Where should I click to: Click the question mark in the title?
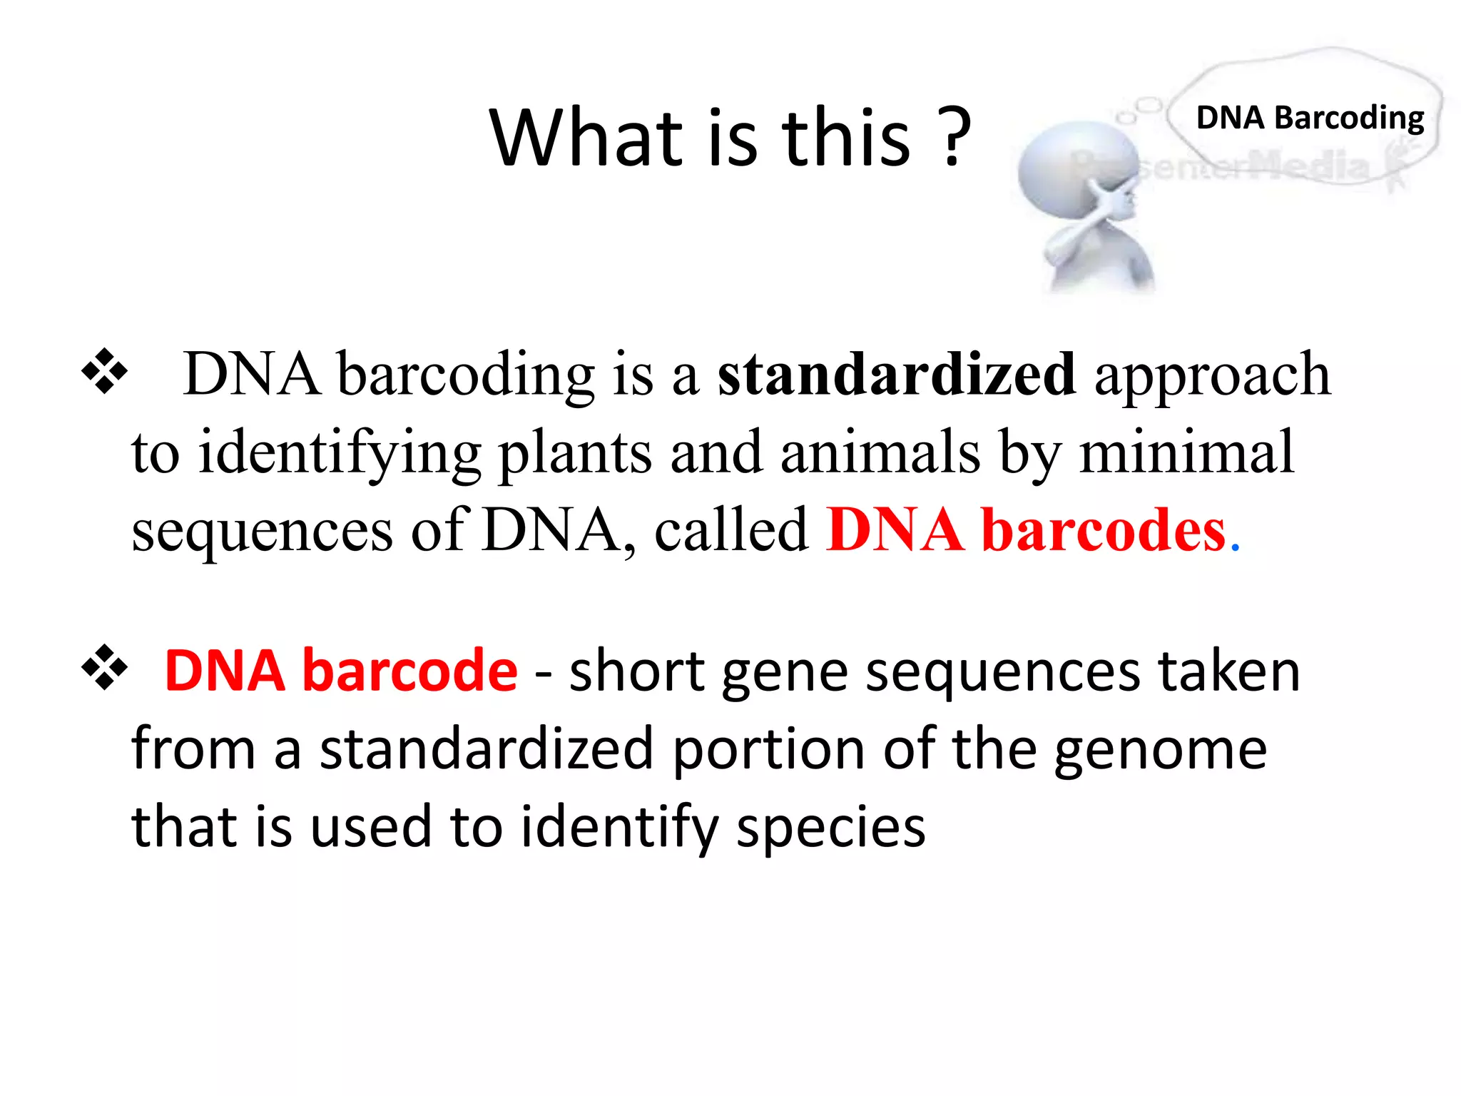tap(955, 137)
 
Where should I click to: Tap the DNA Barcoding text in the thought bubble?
tap(1310, 118)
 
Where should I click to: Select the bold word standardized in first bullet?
tap(896, 375)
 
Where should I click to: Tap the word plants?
tap(574, 453)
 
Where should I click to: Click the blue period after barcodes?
tap(1236, 548)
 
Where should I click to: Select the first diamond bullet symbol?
tap(104, 371)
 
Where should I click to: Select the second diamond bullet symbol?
tap(104, 667)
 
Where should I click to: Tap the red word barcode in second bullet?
tap(409, 671)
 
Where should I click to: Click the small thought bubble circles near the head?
tap(1140, 111)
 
